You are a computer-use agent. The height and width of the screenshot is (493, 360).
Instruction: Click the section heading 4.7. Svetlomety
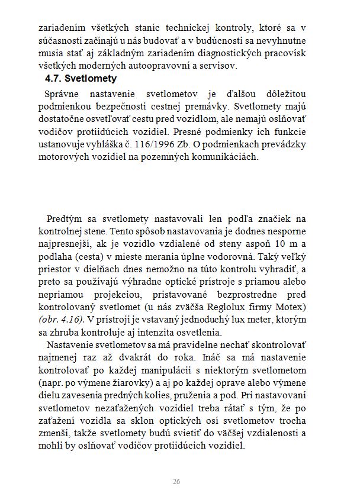81,78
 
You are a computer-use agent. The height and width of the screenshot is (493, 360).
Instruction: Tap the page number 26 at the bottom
176,481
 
